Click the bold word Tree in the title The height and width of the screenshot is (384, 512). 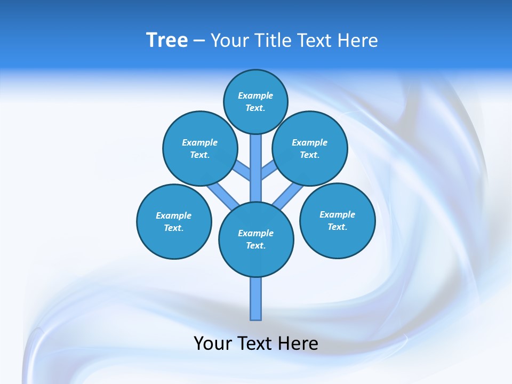point(167,41)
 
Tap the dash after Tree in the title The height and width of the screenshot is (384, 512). point(199,41)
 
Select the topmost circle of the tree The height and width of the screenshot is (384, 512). point(255,101)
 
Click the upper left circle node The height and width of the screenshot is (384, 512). point(200,148)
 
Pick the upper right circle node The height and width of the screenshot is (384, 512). point(310,148)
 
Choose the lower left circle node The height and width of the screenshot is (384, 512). point(174,221)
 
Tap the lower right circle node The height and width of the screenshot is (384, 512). point(338,220)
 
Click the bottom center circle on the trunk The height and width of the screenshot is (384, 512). point(256,239)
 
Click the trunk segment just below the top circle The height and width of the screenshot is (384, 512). point(256,155)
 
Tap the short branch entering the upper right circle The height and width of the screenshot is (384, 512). point(268,171)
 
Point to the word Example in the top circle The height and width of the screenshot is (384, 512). point(255,95)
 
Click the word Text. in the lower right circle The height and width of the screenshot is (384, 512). point(337,227)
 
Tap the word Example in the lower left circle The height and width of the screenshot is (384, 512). point(173,215)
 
